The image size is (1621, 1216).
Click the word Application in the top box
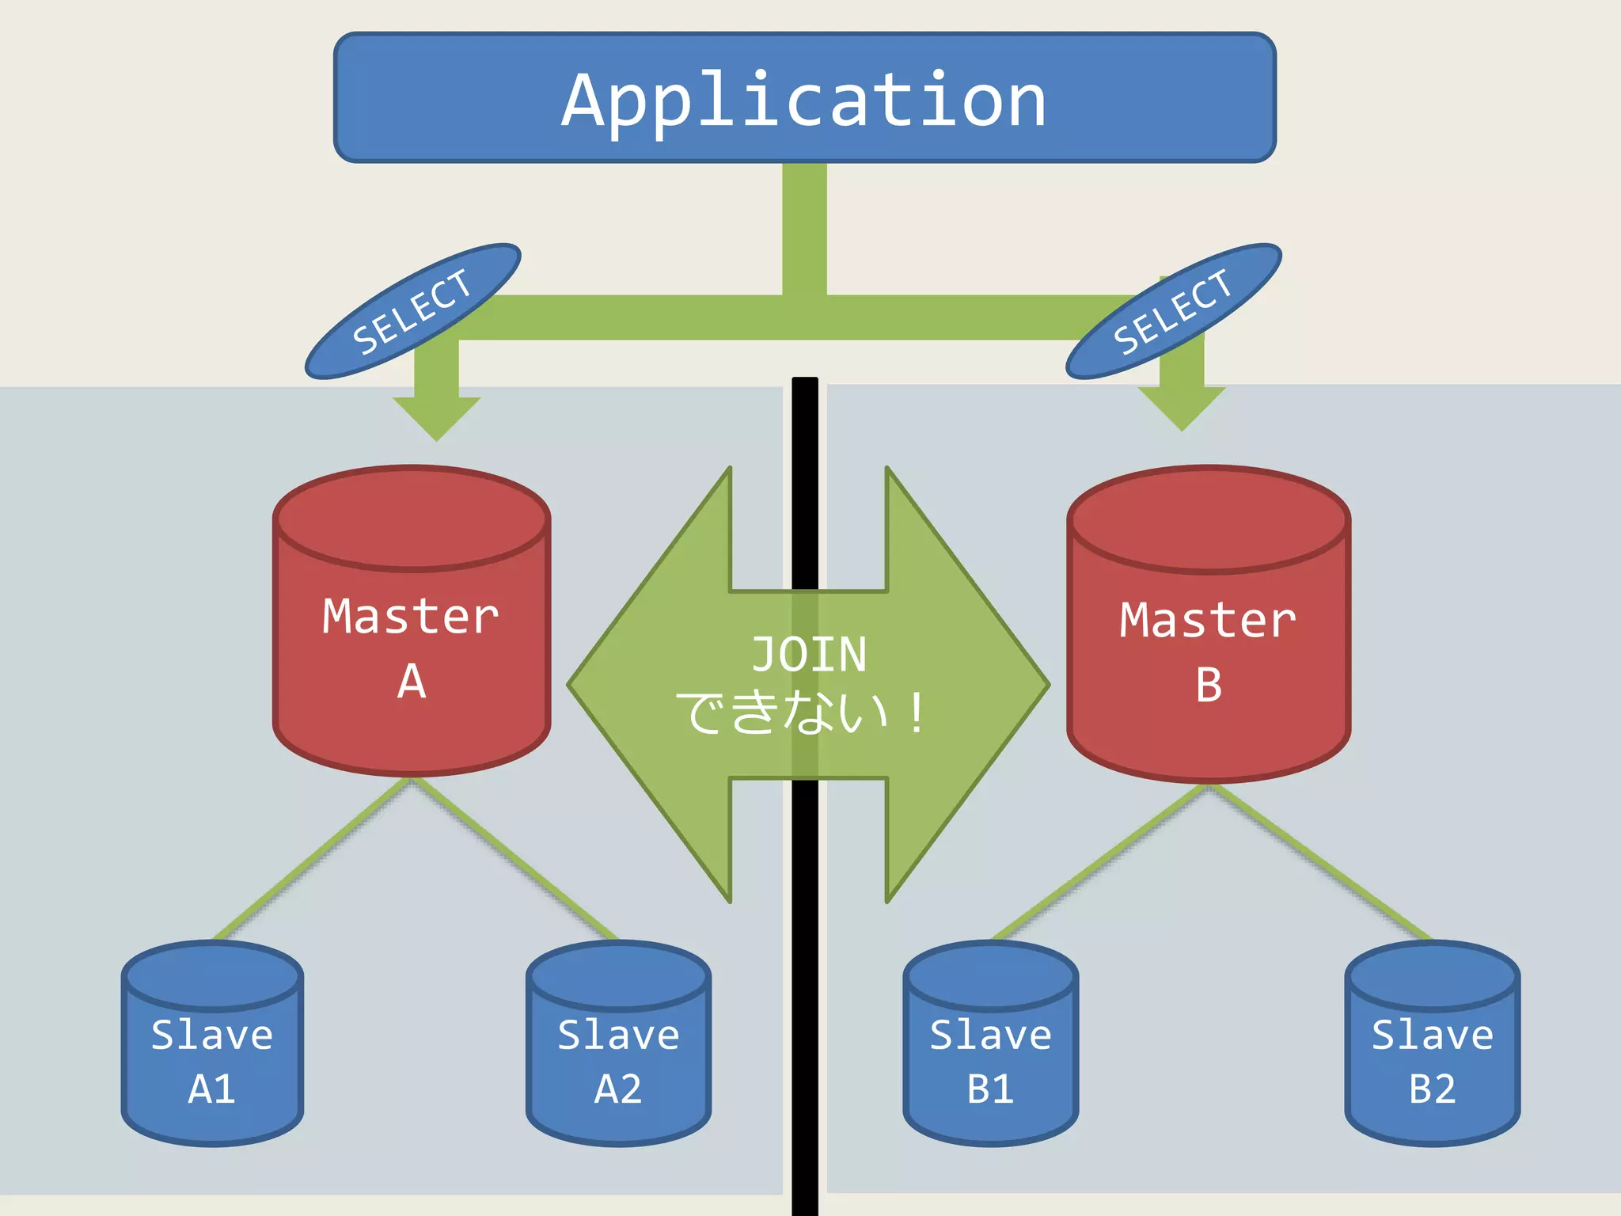click(804, 101)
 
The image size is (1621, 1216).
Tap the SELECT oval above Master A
click(412, 311)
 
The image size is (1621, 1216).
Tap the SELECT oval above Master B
click(1173, 311)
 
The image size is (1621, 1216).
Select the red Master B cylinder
click(1208, 649)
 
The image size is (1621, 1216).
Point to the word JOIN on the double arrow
click(808, 655)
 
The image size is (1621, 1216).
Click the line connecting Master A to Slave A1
click(313, 859)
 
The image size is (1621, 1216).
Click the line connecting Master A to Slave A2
click(514, 859)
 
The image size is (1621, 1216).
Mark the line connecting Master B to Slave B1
click(1100, 863)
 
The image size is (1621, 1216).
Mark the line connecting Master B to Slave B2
click(1320, 863)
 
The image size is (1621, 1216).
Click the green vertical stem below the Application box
click(804, 230)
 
